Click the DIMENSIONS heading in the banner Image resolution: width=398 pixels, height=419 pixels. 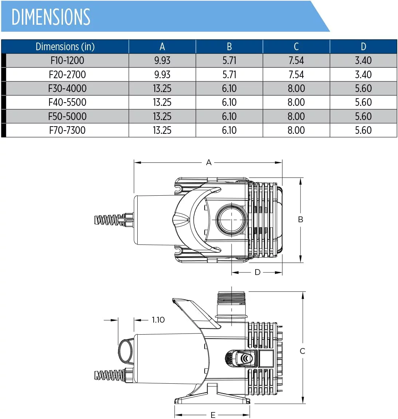51,17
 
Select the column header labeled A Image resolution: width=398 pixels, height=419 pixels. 162,47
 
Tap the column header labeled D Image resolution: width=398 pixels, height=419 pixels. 363,47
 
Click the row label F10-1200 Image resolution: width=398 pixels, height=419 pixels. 67,60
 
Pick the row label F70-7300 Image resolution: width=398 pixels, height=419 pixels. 67,130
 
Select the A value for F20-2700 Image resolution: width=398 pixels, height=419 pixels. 162,75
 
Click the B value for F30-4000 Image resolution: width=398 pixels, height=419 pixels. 229,88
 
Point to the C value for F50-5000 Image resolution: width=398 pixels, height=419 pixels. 296,116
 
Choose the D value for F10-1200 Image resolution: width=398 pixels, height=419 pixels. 363,60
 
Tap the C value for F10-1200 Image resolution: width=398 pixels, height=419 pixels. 296,60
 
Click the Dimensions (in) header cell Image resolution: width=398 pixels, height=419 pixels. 65,47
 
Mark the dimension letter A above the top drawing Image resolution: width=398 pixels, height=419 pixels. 209,162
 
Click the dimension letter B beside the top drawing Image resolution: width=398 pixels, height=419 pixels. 300,219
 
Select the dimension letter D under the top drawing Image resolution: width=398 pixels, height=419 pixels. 257,272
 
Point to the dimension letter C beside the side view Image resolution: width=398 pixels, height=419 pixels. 302,351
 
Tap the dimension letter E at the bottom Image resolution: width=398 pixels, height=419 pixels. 213,415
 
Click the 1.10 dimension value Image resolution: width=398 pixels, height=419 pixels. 158,320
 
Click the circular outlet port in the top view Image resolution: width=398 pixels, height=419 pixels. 232,220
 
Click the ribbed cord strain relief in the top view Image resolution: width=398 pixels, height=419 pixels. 109,220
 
